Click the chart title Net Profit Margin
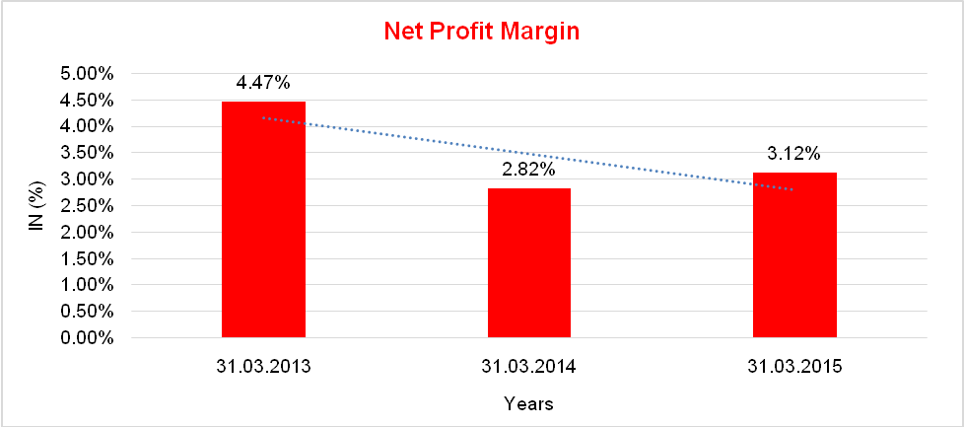click(481, 32)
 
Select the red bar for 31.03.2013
click(263, 219)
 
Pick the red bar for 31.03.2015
click(794, 254)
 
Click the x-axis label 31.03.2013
click(263, 367)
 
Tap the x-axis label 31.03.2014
click(528, 367)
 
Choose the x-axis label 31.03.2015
click(794, 367)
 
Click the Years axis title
click(528, 403)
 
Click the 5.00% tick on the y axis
click(89, 74)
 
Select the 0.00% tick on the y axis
click(89, 338)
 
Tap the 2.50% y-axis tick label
click(89, 206)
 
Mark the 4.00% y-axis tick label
click(89, 126)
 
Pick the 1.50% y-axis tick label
click(89, 258)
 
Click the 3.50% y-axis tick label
click(89, 153)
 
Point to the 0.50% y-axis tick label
click(89, 312)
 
